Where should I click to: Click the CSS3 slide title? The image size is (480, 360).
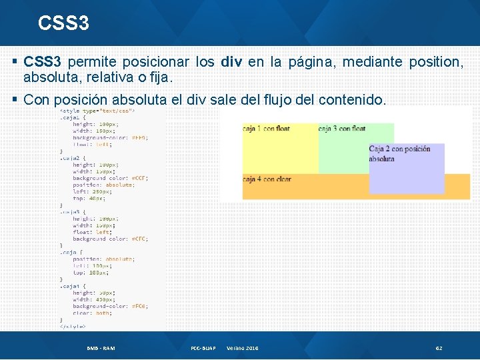click(x=63, y=23)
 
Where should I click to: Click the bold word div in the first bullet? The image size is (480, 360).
click(x=231, y=62)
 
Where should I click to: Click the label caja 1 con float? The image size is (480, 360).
click(x=266, y=128)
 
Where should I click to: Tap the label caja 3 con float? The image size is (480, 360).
click(x=342, y=128)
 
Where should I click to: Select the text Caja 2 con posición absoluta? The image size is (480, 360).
click(x=399, y=154)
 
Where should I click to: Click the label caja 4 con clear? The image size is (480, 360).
click(x=267, y=179)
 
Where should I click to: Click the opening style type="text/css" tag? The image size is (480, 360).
click(x=97, y=111)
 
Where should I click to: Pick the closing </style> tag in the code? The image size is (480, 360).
click(x=73, y=327)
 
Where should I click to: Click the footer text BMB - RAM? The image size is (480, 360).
click(x=101, y=348)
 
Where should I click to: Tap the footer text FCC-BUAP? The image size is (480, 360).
click(x=204, y=348)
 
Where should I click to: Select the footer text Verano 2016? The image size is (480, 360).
click(x=243, y=348)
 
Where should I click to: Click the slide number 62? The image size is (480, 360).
click(x=439, y=348)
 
